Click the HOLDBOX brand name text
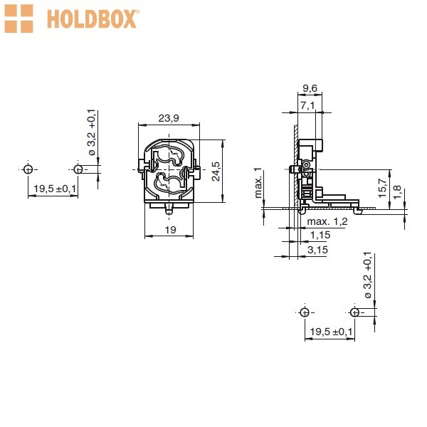(93, 19)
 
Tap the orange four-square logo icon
(19, 19)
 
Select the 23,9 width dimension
(169, 118)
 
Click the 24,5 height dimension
(216, 172)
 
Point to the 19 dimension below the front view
(171, 230)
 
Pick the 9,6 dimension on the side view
(310, 88)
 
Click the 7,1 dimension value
(307, 105)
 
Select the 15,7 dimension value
(382, 188)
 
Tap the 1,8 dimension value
(397, 192)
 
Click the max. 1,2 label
(327, 221)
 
